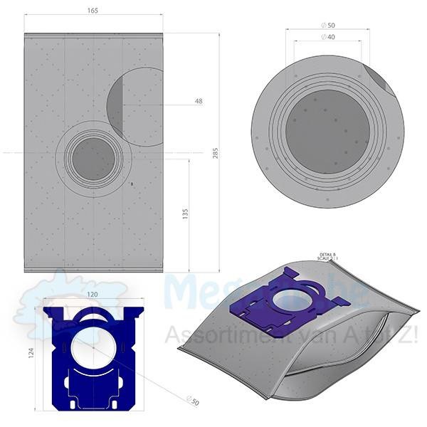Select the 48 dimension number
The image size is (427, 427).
tap(198, 102)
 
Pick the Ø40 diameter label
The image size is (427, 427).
tap(329, 36)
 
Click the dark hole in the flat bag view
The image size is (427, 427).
tap(93, 158)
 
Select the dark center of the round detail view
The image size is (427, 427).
tap(328, 135)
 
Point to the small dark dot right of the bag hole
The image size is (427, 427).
tap(132, 184)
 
